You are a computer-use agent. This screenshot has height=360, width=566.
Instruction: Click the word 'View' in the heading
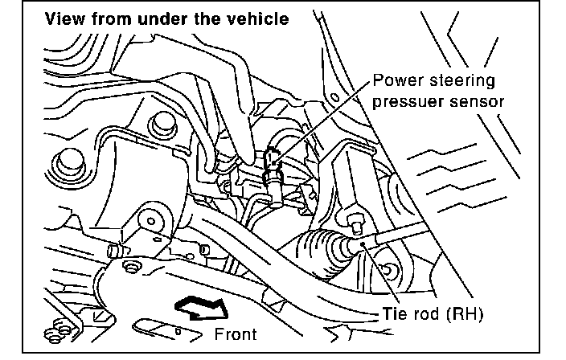[x=64, y=18]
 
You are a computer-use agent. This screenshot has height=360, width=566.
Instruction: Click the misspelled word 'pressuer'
[x=404, y=102]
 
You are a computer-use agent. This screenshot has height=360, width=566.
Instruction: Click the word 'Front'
[x=236, y=333]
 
